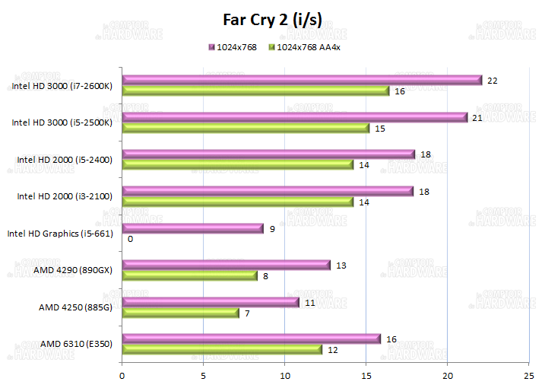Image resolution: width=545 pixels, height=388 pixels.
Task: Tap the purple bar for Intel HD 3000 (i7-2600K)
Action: (x=302, y=81)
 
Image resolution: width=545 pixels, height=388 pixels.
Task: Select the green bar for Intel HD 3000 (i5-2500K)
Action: (x=246, y=128)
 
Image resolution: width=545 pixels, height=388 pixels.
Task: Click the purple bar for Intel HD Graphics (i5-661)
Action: (x=193, y=228)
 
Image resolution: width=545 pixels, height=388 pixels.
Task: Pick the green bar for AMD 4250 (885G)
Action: (x=181, y=313)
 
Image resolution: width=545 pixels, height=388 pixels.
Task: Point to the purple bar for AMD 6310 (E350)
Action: (x=251, y=339)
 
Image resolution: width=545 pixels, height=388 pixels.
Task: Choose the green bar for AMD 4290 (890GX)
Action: (x=190, y=275)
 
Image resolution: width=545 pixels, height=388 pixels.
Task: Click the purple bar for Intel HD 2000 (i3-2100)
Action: (x=268, y=191)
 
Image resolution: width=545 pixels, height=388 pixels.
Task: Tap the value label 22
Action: (x=493, y=81)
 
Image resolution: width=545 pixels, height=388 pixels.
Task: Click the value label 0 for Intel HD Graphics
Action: (x=131, y=239)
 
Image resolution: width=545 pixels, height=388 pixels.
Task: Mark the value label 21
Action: (x=477, y=117)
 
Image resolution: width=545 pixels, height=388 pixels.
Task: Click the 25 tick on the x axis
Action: (x=529, y=374)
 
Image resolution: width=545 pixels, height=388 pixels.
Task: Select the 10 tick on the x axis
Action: (x=285, y=374)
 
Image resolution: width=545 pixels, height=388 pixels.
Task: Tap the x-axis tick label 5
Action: (x=204, y=374)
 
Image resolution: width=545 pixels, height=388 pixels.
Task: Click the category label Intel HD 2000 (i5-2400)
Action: (x=65, y=160)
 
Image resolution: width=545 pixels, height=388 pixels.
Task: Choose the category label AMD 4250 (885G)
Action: (x=75, y=307)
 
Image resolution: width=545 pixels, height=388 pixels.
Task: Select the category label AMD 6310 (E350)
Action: (x=76, y=344)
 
